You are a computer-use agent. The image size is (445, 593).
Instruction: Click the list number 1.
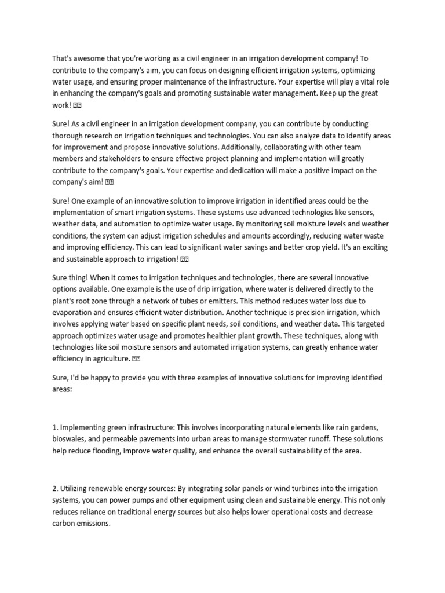point(54,427)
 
